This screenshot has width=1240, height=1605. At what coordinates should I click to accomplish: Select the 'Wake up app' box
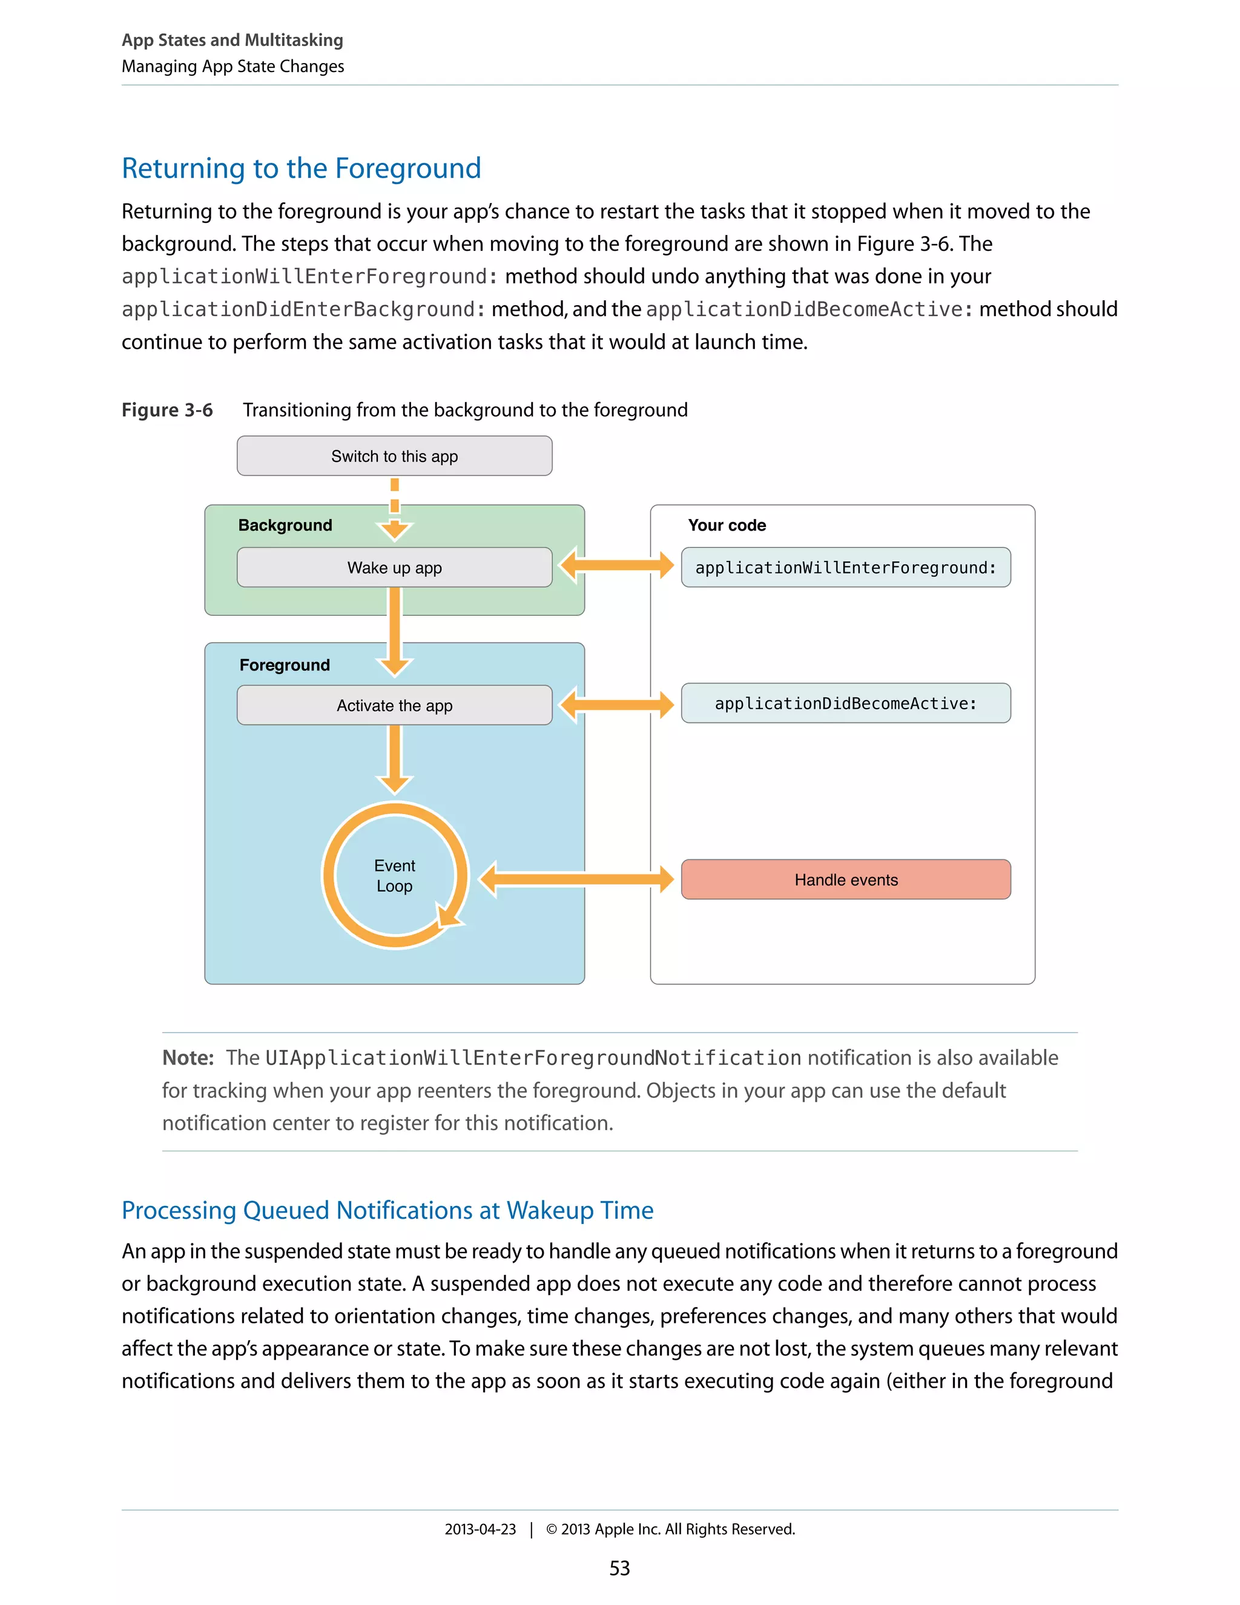395,568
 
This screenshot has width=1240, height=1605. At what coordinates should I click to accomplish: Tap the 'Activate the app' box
395,706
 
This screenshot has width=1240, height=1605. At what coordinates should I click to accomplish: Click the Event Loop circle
395,875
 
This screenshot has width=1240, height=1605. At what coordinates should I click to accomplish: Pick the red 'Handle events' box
845,879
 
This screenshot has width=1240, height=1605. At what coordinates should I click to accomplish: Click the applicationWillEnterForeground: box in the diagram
845,568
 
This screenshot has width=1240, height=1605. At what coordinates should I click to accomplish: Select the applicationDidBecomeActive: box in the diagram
845,703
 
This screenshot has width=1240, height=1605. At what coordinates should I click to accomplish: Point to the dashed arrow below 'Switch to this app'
395,507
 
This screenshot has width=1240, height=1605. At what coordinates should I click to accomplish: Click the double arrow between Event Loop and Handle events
576,879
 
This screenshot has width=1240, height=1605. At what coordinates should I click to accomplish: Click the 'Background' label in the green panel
285,526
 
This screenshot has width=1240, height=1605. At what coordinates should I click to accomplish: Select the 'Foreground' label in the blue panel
285,665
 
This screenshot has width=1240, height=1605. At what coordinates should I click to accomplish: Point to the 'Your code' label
727,526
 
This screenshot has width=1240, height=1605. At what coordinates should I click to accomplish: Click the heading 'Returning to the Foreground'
301,168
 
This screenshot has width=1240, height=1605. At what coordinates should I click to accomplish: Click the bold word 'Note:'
187,1057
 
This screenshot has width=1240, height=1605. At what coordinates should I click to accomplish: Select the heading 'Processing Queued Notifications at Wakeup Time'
387,1210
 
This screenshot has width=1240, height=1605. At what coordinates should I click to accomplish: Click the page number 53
619,1568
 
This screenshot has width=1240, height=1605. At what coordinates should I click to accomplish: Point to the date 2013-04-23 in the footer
480,1529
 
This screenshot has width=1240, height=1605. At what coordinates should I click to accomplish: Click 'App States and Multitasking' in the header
232,40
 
